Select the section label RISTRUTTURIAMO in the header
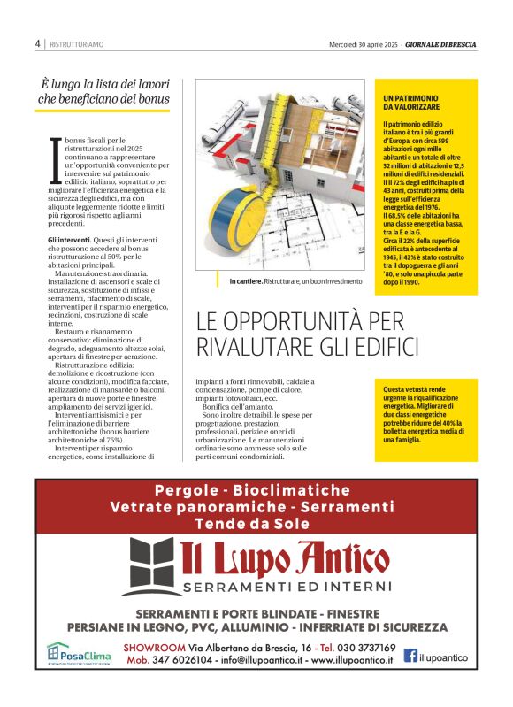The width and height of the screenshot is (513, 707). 76,43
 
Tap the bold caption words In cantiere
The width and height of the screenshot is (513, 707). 244,281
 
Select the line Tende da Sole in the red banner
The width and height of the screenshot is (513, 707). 256,523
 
